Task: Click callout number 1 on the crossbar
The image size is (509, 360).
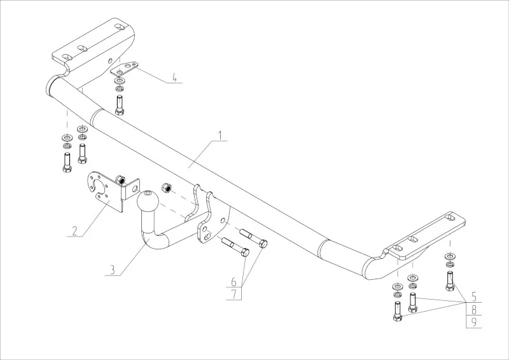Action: coord(220,135)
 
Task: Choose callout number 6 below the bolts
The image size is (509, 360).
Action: coord(234,281)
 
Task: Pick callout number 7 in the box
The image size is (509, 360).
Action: coord(234,293)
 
